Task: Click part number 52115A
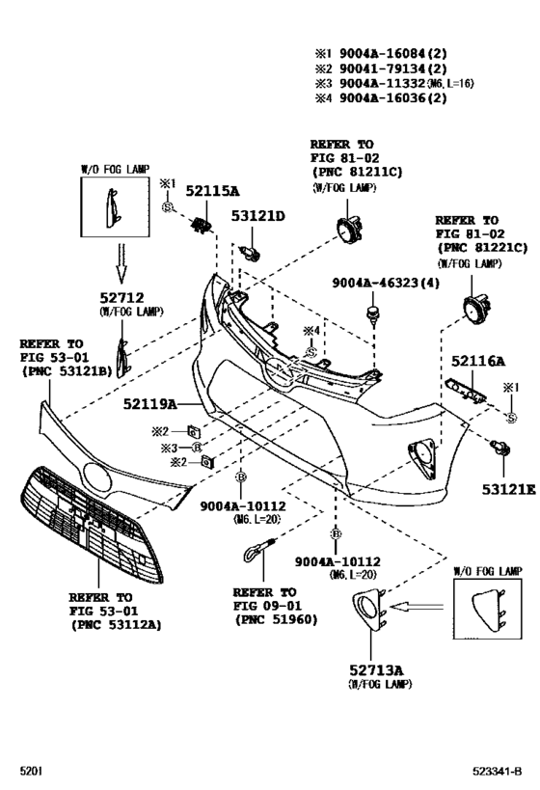pyautogui.click(x=212, y=192)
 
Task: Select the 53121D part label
pyautogui.click(x=257, y=217)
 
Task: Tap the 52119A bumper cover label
pyautogui.click(x=149, y=403)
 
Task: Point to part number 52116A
pyautogui.click(x=478, y=361)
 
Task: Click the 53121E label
pyautogui.click(x=508, y=490)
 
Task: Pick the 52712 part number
pyautogui.click(x=121, y=298)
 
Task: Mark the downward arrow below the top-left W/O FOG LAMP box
pyautogui.click(x=121, y=257)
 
